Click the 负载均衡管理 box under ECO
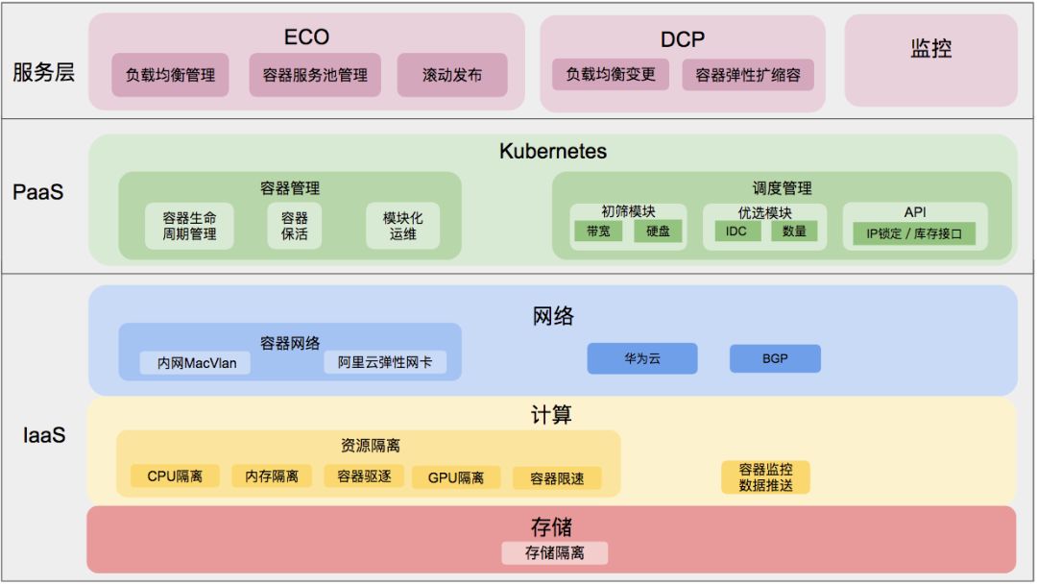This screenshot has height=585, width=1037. [170, 75]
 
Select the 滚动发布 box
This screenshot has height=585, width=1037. [452, 75]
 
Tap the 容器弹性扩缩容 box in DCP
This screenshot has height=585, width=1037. [748, 75]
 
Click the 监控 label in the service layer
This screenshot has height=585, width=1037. [930, 48]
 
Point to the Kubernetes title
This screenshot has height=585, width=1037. [553, 152]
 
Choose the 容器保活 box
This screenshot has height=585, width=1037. [295, 226]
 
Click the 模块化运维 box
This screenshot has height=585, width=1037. [403, 226]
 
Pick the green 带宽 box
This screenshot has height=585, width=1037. [598, 232]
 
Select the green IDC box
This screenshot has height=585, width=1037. [736, 232]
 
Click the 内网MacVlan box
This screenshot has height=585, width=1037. [197, 363]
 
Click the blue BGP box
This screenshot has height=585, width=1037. [775, 359]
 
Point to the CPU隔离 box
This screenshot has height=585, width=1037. [175, 476]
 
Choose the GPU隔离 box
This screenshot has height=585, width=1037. [456, 477]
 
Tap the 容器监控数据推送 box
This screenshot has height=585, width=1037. [765, 477]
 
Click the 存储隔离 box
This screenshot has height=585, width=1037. [554, 553]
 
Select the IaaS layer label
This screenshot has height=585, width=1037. [44, 435]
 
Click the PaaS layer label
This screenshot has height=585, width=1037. [38, 192]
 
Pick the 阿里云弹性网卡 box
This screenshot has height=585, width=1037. [385, 363]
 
